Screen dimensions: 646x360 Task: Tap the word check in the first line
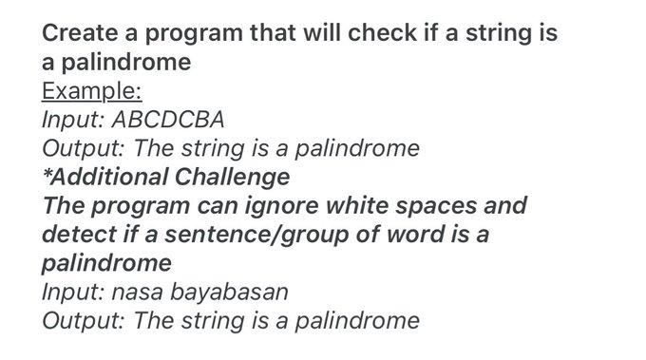point(382,33)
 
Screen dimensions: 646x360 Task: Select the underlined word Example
point(92,91)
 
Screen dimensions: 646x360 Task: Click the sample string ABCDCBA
point(168,120)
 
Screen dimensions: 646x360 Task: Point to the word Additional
point(109,177)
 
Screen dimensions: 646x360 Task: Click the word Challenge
point(233,178)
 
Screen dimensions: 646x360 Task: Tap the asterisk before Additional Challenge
point(47,173)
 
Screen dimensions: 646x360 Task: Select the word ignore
point(281,206)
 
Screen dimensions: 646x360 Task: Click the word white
point(357,205)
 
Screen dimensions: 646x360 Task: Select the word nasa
point(137,293)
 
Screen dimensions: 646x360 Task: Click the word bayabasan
point(229,292)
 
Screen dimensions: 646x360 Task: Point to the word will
point(321,33)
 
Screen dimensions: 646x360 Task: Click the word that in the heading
point(273,33)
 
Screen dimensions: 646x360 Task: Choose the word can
point(218,206)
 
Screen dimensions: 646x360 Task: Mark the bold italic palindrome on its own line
point(106,263)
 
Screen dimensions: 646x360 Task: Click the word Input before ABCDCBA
point(73,120)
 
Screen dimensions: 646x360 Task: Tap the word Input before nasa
point(73,293)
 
